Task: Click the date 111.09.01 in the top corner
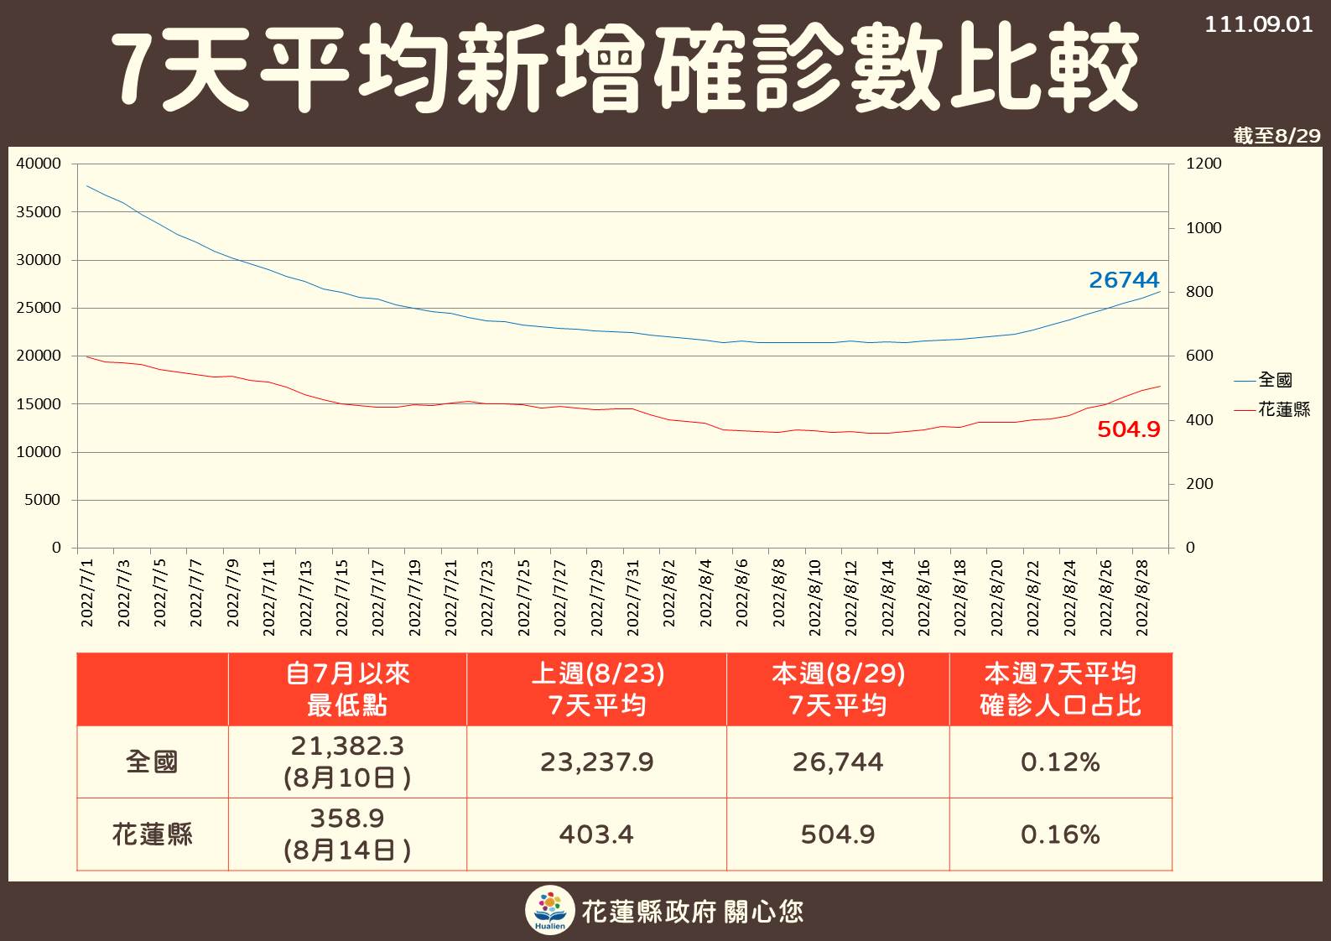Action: [x=1258, y=24]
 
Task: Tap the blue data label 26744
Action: [x=1123, y=280]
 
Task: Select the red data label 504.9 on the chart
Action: [x=1128, y=429]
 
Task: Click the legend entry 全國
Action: [x=1275, y=380]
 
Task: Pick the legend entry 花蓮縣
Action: [x=1283, y=409]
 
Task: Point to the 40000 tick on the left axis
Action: [x=39, y=164]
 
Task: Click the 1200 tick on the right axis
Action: [x=1204, y=164]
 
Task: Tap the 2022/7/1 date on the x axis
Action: [x=87, y=593]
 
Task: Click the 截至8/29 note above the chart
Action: [x=1276, y=136]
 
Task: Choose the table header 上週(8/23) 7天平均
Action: [x=597, y=689]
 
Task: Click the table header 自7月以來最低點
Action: [x=347, y=689]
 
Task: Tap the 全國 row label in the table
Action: [x=152, y=762]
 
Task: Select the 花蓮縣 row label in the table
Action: [x=152, y=834]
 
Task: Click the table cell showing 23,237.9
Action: [x=596, y=762]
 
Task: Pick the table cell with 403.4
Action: [x=596, y=834]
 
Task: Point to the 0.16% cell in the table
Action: [x=1060, y=834]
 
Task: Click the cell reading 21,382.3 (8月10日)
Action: [x=347, y=762]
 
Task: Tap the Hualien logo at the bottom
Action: [x=550, y=911]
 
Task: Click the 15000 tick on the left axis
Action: [x=39, y=404]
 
